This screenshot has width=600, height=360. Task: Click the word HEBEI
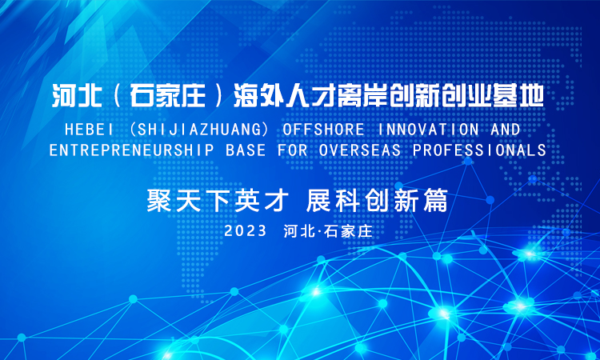click(x=89, y=130)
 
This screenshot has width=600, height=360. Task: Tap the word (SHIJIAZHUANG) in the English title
click(x=198, y=130)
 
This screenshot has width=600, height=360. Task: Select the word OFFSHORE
click(x=323, y=130)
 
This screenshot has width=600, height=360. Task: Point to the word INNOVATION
click(x=428, y=130)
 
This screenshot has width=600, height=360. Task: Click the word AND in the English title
click(x=505, y=130)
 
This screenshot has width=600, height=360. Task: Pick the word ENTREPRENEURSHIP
click(x=132, y=150)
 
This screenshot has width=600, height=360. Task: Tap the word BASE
click(x=246, y=150)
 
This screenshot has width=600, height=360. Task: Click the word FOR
click(x=292, y=150)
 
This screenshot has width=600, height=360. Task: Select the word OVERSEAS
click(x=360, y=150)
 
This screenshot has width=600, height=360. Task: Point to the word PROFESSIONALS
click(x=479, y=150)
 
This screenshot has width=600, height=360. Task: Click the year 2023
click(x=246, y=230)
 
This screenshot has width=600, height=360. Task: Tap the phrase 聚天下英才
click(x=218, y=201)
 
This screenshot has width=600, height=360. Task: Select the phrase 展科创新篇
click(x=377, y=201)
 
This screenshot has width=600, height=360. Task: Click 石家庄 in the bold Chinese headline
click(x=168, y=96)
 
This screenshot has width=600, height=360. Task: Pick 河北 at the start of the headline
click(x=77, y=96)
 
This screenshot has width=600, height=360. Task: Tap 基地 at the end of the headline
click(x=518, y=96)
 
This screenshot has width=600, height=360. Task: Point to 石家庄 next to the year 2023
click(x=348, y=231)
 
